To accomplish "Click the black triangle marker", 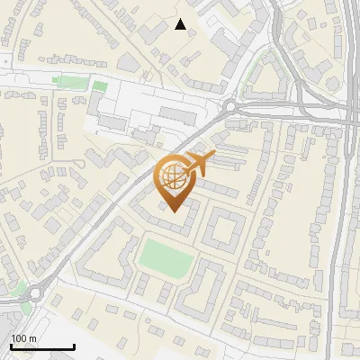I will click(x=181, y=24).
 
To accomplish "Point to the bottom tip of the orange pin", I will click(x=174, y=212).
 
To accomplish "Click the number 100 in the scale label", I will click(x=18, y=338).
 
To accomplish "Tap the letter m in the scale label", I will click(x=31, y=338).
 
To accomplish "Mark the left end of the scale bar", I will click(x=11, y=346).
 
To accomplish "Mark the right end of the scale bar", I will click(x=74, y=346).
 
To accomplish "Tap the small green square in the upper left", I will click(x=100, y=86).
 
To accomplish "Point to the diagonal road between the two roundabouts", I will click(x=126, y=200).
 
